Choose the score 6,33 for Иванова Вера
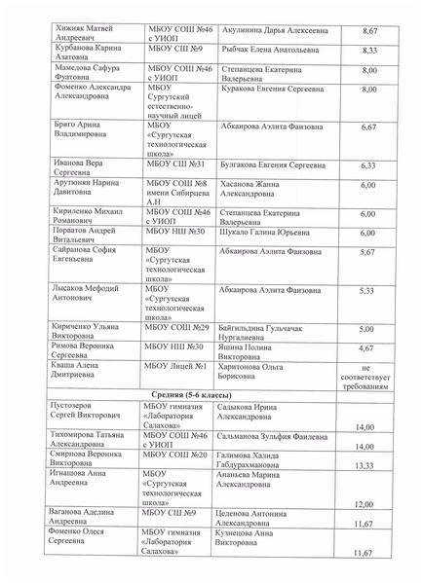368,165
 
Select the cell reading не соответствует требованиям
368,373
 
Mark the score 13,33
364,465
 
